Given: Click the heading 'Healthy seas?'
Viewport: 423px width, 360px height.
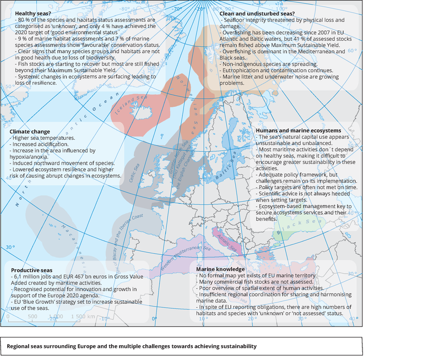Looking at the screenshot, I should (x=32, y=13).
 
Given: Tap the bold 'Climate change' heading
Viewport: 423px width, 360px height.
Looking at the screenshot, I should (x=30, y=132).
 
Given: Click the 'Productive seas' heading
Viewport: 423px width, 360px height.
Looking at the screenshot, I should (x=31, y=270).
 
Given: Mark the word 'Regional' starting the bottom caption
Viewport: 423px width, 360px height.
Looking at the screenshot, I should (x=19, y=346).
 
